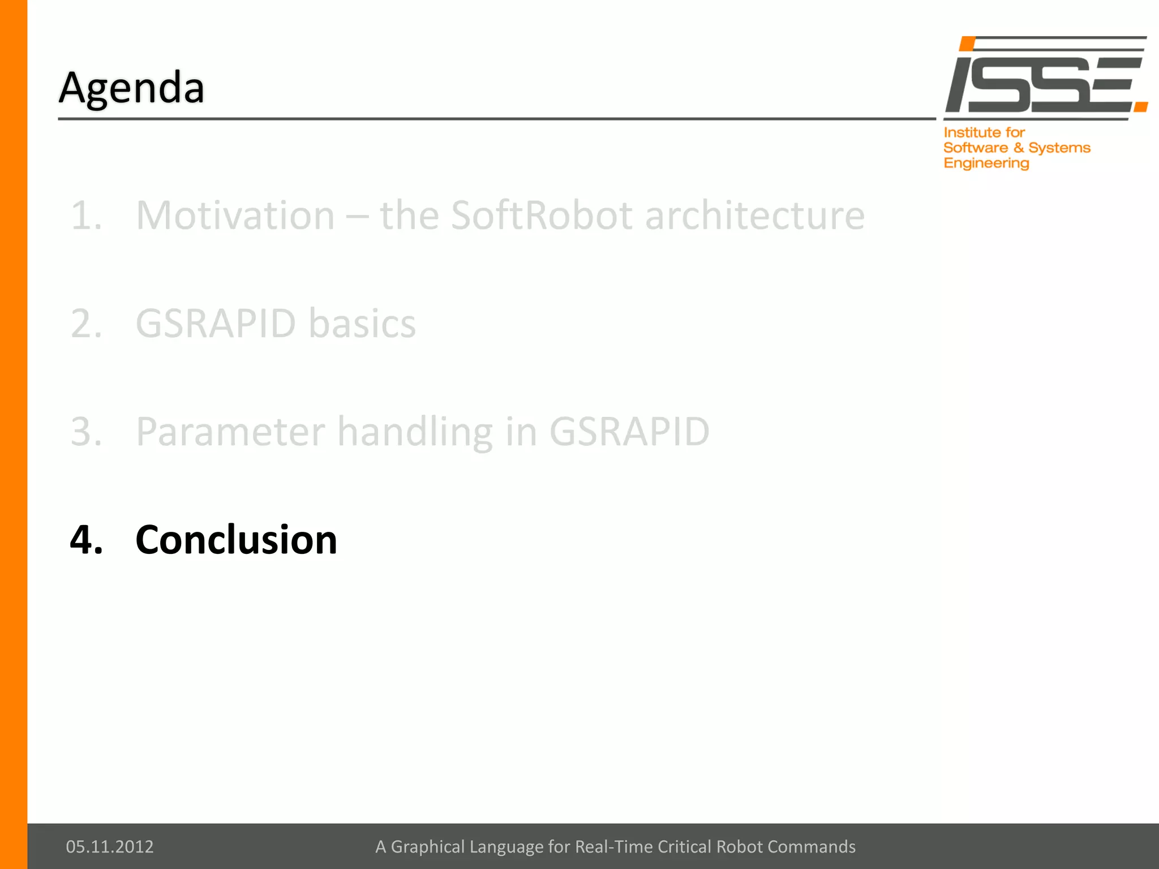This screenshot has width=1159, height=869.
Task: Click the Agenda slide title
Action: coord(131,88)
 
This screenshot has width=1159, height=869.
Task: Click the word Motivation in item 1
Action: coord(235,216)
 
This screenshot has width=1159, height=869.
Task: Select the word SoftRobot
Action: coord(541,216)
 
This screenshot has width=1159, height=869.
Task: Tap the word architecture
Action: coord(755,216)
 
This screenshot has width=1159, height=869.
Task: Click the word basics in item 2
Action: coord(362,324)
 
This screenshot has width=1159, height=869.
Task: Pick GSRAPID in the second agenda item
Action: coord(216,324)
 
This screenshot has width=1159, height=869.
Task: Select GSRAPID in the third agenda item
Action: coord(629,432)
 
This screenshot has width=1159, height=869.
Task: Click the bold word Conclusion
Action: coord(236,540)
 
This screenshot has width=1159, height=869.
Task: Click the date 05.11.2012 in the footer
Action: coord(110,846)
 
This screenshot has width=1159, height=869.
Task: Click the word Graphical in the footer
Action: coord(428,846)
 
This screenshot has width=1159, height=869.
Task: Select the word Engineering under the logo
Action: coord(986,164)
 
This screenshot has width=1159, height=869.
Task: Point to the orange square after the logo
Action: coord(1141,106)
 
